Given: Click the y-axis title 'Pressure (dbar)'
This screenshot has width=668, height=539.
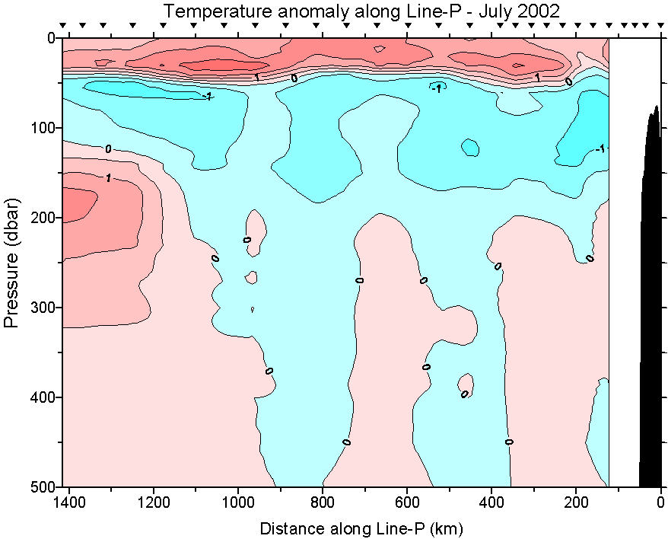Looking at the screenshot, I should pyautogui.click(x=11, y=262).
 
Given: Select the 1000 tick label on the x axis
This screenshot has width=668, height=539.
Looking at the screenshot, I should pyautogui.click(x=239, y=502).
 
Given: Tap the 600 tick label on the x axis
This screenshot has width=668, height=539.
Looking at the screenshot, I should pyautogui.click(x=407, y=502).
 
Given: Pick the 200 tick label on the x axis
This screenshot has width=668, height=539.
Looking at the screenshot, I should pyautogui.click(x=576, y=502).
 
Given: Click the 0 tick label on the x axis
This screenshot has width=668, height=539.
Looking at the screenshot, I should pyautogui.click(x=660, y=502).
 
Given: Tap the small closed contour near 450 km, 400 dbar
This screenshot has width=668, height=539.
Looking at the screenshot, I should pyautogui.click(x=466, y=383).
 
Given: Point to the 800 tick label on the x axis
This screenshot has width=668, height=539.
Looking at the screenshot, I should pyautogui.click(x=323, y=502).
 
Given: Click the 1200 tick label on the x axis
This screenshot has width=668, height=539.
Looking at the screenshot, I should pyautogui.click(x=154, y=502).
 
